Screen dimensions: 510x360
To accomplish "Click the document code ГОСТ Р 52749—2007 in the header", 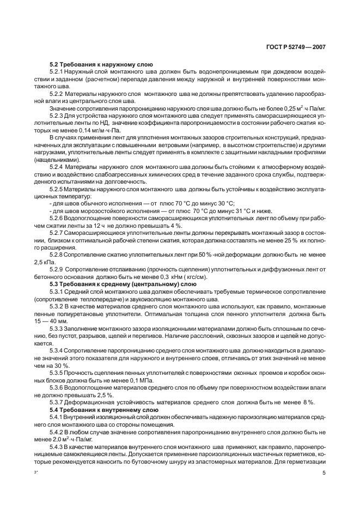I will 296,47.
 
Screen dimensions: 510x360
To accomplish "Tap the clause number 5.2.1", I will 57,72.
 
